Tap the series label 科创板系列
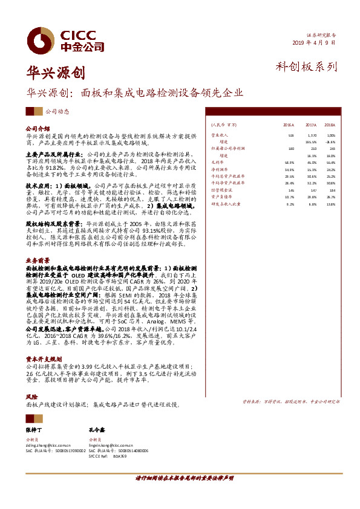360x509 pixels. pyautogui.click(x=306, y=67)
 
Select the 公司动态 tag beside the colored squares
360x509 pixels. pyautogui.click(x=57, y=111)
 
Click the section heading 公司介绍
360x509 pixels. pyautogui.click(x=37, y=129)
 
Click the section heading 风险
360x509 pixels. pyautogui.click(x=31, y=397)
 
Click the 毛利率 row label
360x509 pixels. pyautogui.click(x=216, y=162)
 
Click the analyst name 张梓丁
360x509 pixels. pyautogui.click(x=34, y=429)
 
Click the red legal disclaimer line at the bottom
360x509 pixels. pyautogui.click(x=179, y=478)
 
